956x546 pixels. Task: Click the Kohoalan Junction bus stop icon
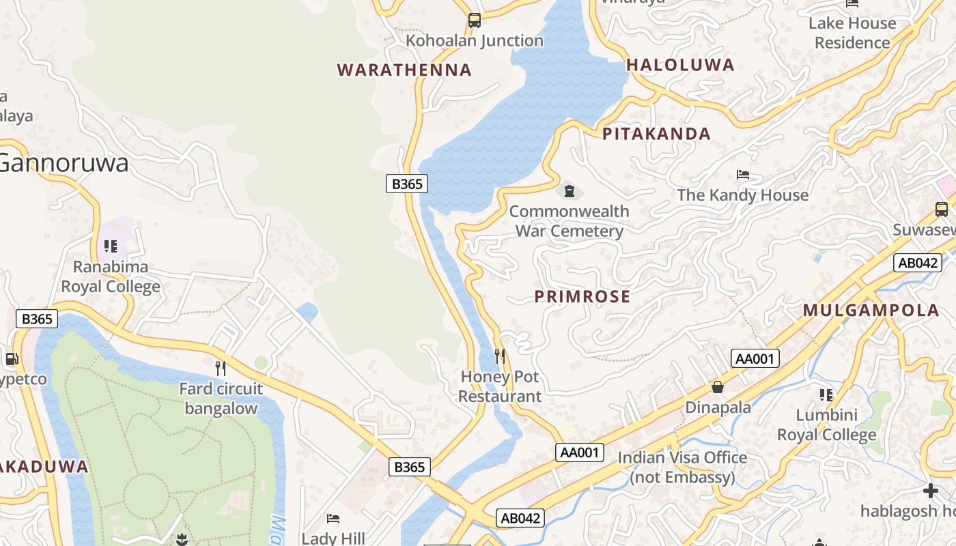475,20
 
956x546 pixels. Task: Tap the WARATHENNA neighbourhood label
404,70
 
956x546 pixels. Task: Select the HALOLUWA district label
680,65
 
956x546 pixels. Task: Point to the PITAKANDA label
656,134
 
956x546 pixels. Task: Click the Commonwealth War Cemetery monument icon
569,190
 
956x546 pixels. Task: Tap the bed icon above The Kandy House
743,175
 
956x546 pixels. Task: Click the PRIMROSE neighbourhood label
582,296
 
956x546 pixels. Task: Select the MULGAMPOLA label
871,311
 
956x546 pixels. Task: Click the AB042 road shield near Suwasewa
917,263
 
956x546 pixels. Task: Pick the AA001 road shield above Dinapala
755,358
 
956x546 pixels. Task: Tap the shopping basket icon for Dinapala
718,387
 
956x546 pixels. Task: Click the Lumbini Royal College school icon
826,394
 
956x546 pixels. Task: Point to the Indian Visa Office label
682,467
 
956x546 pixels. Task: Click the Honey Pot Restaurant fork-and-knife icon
500,356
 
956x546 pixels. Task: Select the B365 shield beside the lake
407,183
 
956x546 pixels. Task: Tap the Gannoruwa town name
64,164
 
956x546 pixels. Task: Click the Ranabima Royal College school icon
111,246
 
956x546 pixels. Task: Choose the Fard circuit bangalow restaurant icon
221,369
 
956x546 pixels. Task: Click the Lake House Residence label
852,33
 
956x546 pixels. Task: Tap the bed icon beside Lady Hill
333,519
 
